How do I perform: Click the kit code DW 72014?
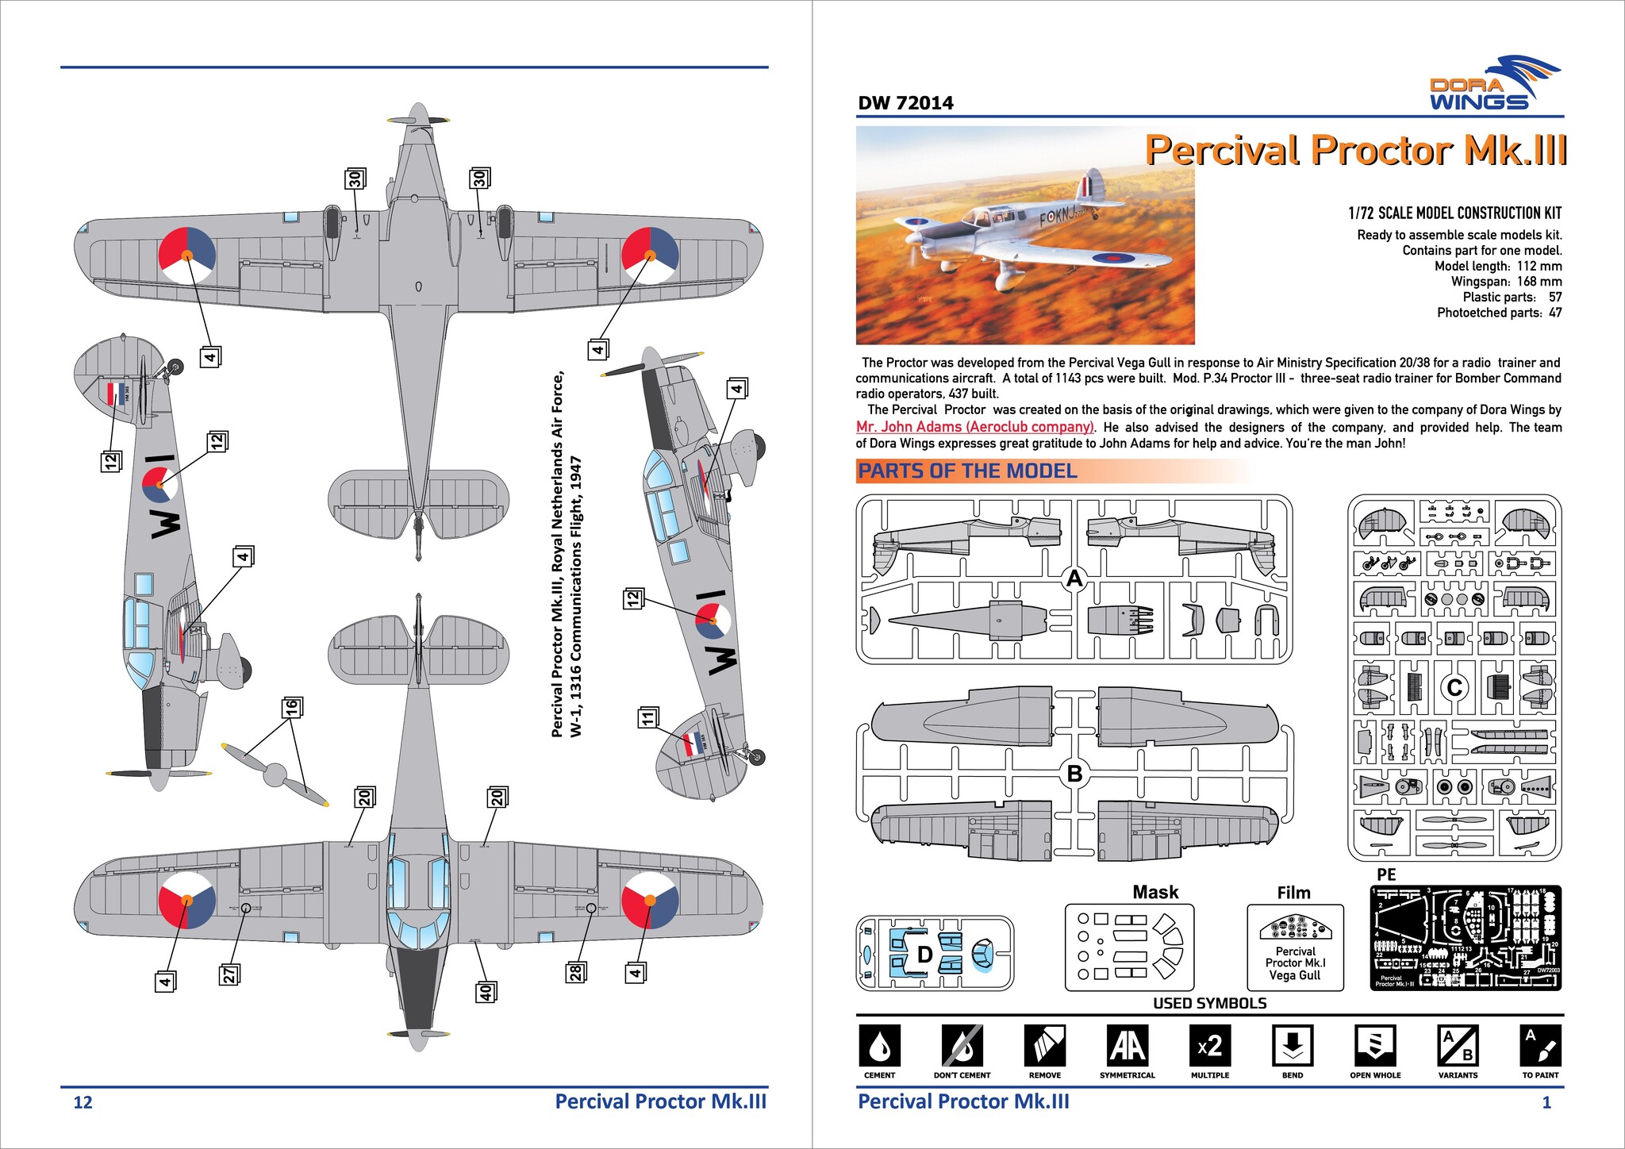click(x=905, y=103)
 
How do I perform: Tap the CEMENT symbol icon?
click(x=879, y=1046)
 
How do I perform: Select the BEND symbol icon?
click(x=1292, y=1046)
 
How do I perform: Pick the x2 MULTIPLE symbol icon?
click(x=1209, y=1046)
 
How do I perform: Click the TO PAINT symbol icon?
click(x=1539, y=1046)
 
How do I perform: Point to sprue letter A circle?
click(x=1074, y=579)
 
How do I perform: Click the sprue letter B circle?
click(x=1074, y=773)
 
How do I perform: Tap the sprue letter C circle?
click(x=1454, y=687)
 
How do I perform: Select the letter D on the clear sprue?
click(x=924, y=955)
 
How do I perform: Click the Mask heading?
click(x=1155, y=893)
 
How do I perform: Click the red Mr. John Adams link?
click(x=975, y=427)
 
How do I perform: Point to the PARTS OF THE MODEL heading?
click(x=967, y=471)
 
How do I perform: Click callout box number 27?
click(x=229, y=974)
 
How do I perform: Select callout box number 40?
click(x=485, y=991)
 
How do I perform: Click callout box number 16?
click(x=291, y=705)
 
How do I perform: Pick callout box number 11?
click(x=647, y=717)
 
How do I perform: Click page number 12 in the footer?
click(x=83, y=1102)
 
